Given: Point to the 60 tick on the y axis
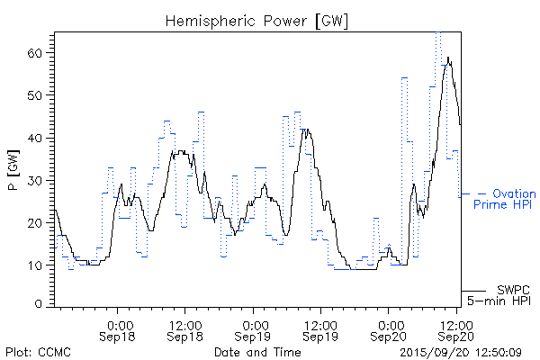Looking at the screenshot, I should (x=38, y=53).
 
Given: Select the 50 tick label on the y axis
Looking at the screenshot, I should (x=38, y=95).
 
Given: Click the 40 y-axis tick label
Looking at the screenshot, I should (x=38, y=138).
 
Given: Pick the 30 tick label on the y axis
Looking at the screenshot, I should (x=38, y=180).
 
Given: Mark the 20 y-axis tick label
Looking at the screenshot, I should (x=38, y=222).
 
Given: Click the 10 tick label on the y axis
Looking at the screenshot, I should (x=38, y=265).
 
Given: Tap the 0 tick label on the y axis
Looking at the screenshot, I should (x=41, y=305).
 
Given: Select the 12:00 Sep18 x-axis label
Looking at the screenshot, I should (x=185, y=329).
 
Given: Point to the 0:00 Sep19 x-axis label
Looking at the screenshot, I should (x=255, y=329).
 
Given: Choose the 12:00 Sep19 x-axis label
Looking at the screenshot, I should (x=320, y=329).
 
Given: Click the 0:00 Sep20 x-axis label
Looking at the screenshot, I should (x=390, y=329).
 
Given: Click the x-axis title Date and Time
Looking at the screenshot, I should (x=256, y=351).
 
